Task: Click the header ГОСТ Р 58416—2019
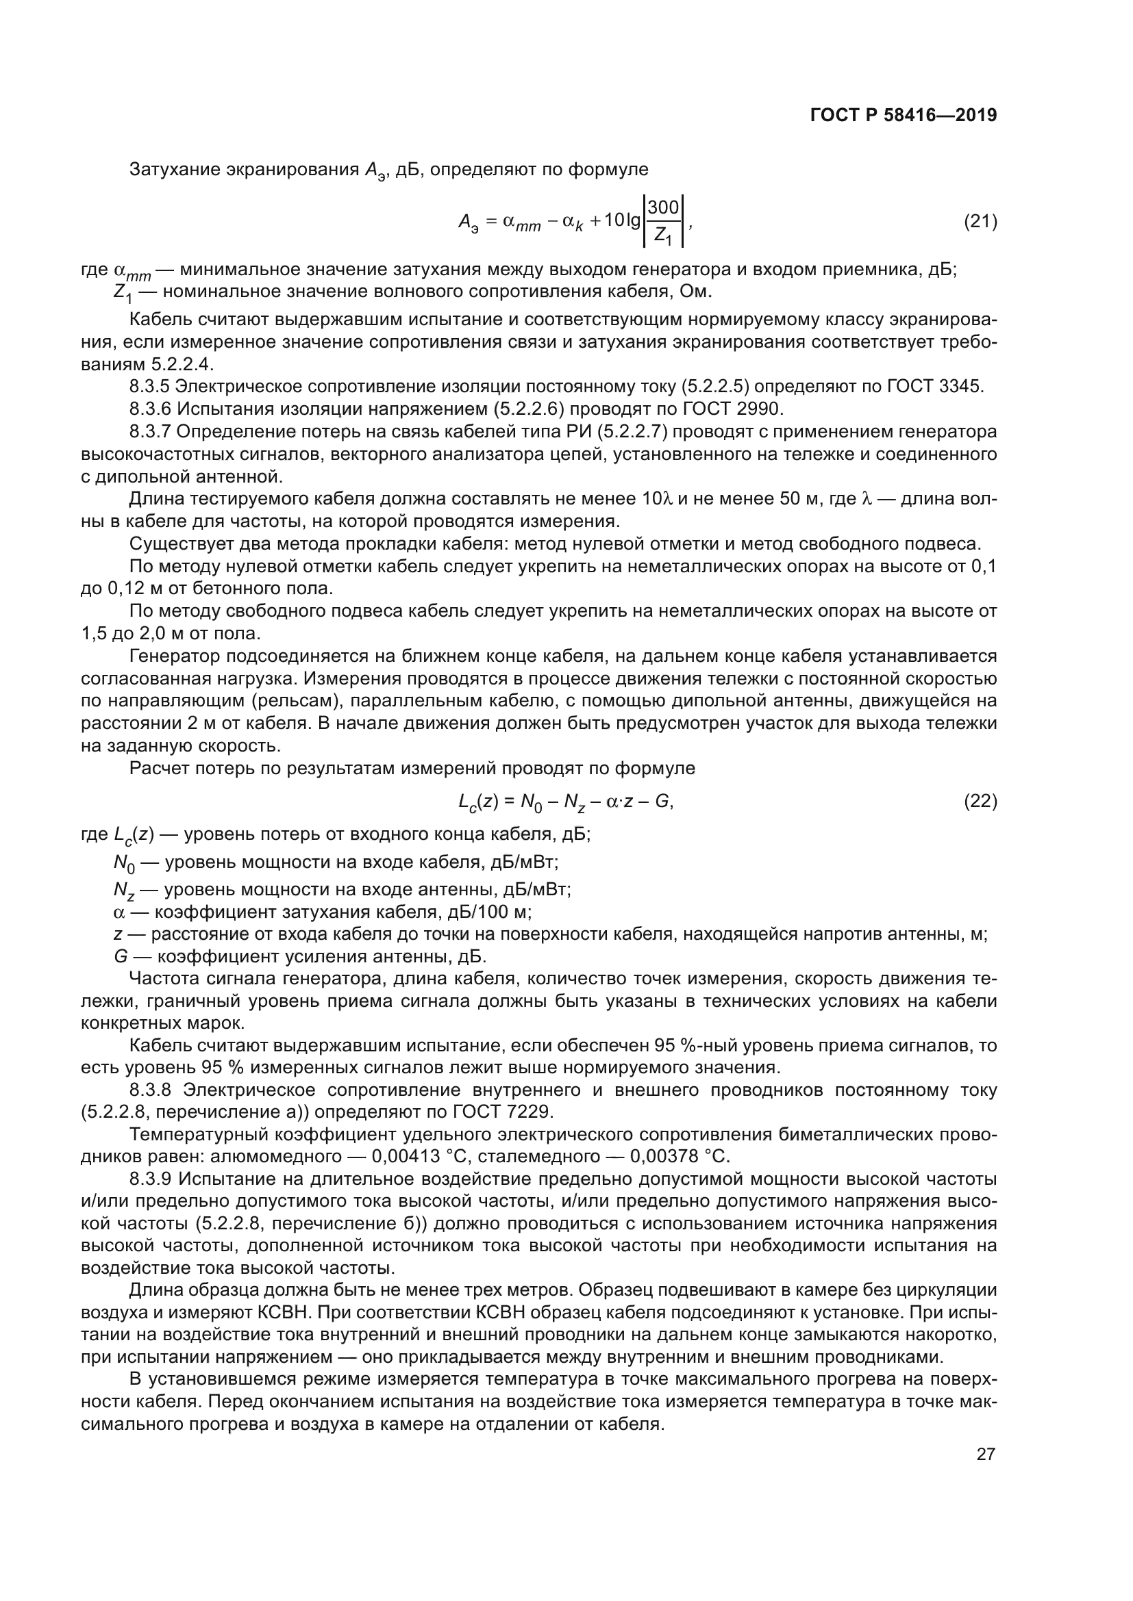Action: click(904, 116)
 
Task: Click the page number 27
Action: click(986, 1454)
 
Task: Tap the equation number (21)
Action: click(980, 222)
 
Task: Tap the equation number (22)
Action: click(980, 802)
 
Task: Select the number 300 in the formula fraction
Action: click(663, 207)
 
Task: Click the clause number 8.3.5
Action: click(149, 386)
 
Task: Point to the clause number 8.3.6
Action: click(149, 409)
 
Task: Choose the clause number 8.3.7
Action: click(149, 432)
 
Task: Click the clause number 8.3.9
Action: click(149, 1179)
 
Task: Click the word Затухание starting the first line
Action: click(175, 170)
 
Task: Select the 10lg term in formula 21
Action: click(621, 220)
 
